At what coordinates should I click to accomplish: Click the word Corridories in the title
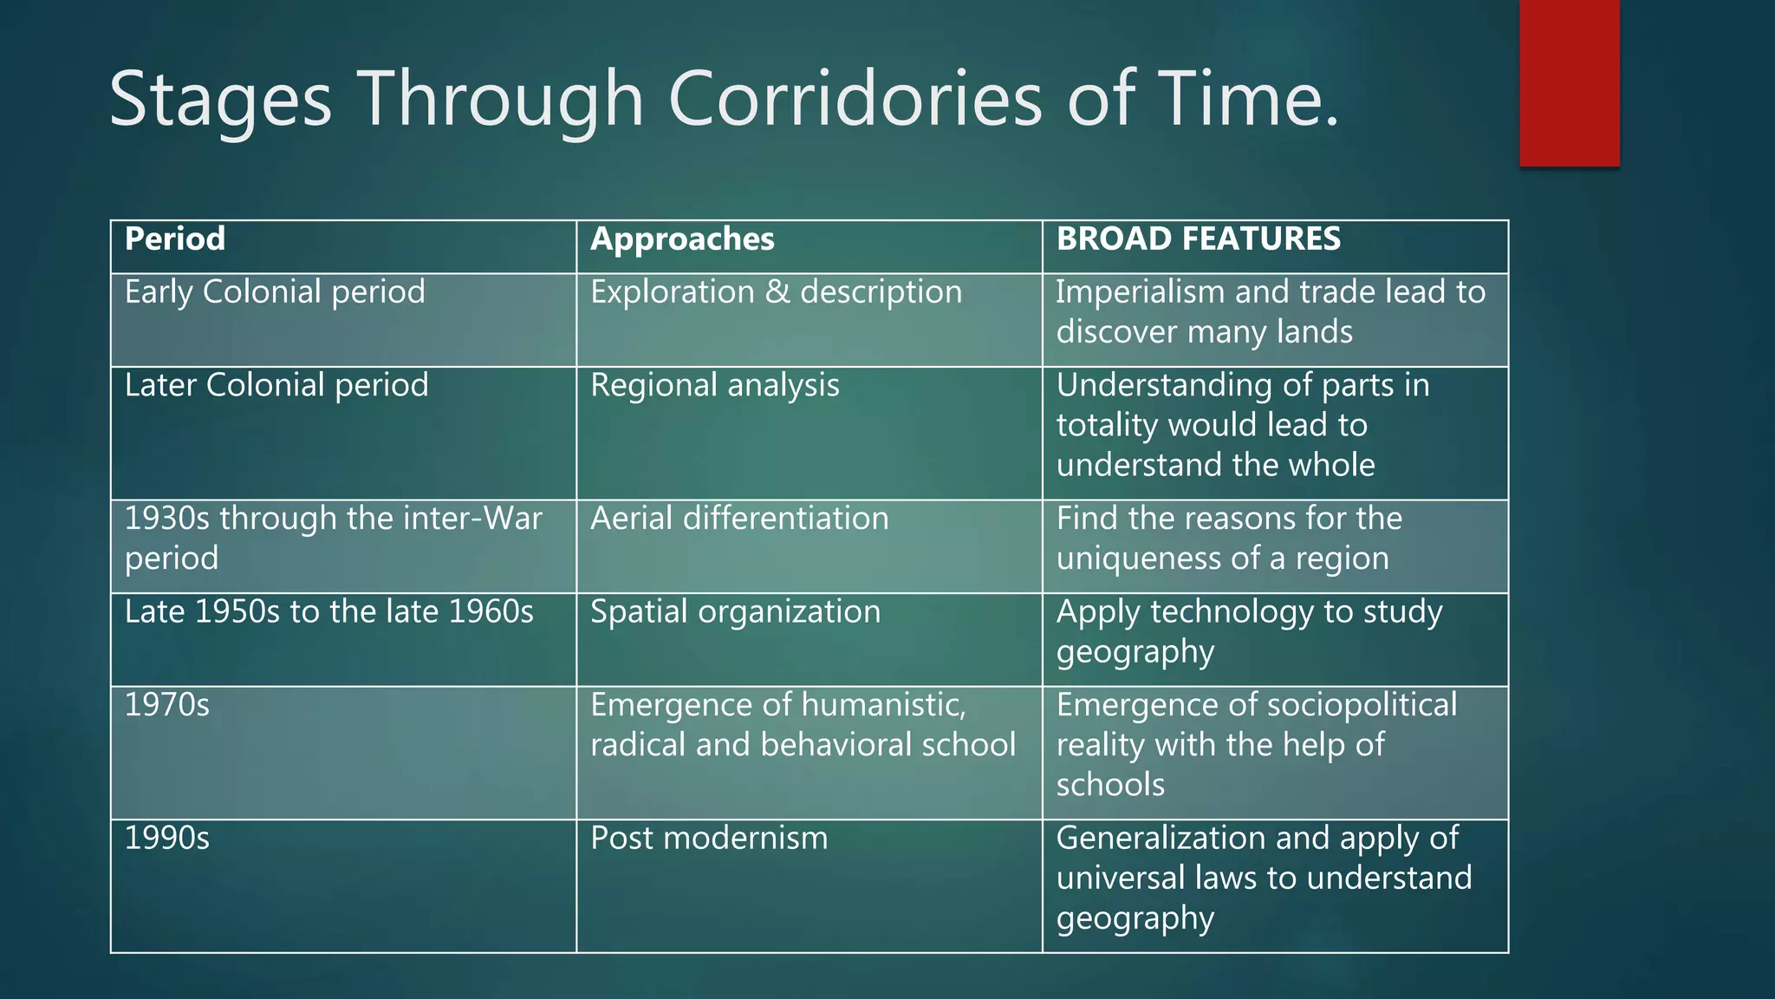click(x=855, y=100)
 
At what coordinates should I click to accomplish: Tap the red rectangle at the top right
click(x=1569, y=82)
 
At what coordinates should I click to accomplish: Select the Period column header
click(x=175, y=239)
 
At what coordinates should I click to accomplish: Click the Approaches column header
click(x=682, y=239)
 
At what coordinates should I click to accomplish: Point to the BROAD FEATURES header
click(x=1198, y=239)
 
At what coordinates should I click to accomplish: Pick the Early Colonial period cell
click(x=275, y=292)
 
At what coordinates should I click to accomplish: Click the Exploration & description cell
click(x=776, y=292)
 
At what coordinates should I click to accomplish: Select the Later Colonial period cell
click(x=276, y=385)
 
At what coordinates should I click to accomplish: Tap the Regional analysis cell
click(x=714, y=385)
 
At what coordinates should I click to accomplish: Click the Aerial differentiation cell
click(x=739, y=519)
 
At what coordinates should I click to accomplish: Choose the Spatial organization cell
click(x=735, y=612)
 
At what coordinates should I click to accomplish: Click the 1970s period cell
click(x=167, y=705)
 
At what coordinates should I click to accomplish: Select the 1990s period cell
click(x=167, y=839)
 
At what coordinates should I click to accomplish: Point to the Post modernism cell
click(x=709, y=839)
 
